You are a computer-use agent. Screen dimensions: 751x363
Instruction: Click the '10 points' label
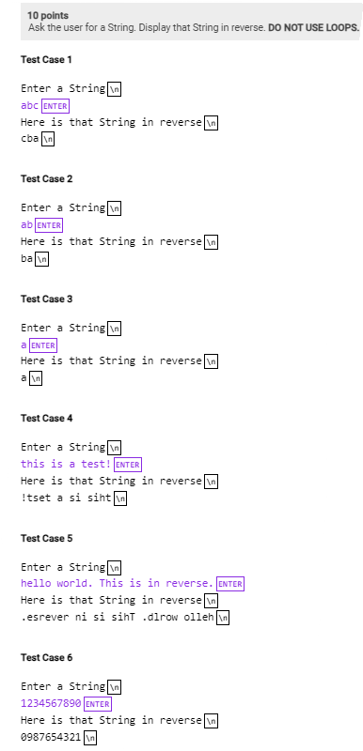pyautogui.click(x=47, y=16)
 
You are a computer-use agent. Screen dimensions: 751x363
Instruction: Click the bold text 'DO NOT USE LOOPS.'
pyautogui.click(x=313, y=28)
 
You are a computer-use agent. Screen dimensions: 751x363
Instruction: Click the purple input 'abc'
pyautogui.click(x=30, y=106)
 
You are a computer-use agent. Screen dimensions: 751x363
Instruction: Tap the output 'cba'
pyautogui.click(x=30, y=139)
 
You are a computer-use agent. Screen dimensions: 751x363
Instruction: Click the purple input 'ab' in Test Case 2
pyautogui.click(x=26, y=225)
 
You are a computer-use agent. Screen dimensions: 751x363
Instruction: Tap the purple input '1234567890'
pyautogui.click(x=51, y=704)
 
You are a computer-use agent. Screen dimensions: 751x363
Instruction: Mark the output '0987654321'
pyautogui.click(x=51, y=738)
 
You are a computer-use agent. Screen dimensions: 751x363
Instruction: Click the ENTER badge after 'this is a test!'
pyautogui.click(x=128, y=465)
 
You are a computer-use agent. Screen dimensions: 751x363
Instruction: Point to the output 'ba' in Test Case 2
pyautogui.click(x=26, y=259)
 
